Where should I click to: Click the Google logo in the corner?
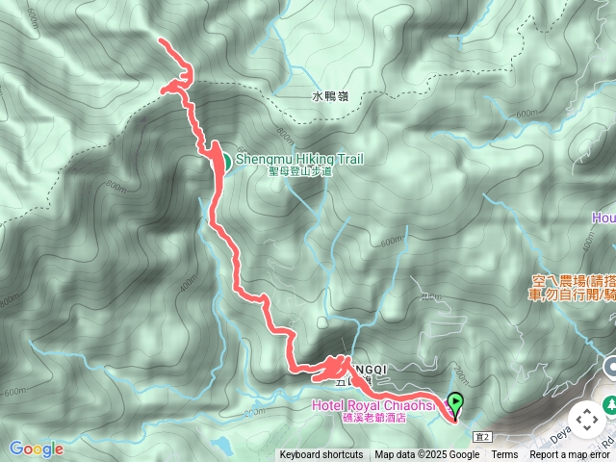[x=37, y=449]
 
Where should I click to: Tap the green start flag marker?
[x=454, y=404]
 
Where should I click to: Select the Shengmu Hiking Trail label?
[x=299, y=160]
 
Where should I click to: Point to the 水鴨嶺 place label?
[x=330, y=96]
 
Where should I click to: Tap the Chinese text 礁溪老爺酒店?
[x=374, y=417]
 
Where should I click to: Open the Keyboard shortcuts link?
[x=321, y=455]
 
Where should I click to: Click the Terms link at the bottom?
[x=504, y=455]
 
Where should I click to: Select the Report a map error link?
[x=572, y=455]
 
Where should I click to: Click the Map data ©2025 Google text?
[x=427, y=455]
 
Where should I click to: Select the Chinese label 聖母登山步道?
[x=300, y=171]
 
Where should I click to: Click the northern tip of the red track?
[x=159, y=40]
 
